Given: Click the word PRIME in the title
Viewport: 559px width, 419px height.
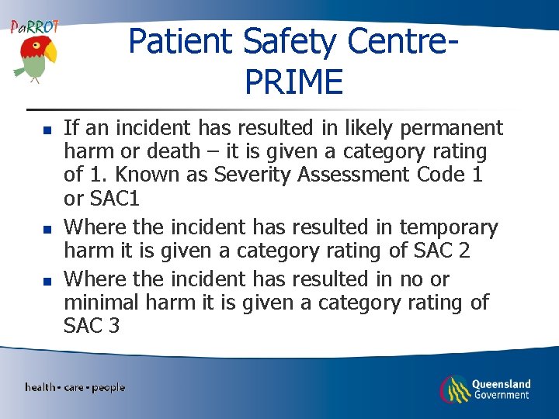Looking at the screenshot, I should coord(293,81).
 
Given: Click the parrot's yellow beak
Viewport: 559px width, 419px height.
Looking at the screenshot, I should coord(50,53).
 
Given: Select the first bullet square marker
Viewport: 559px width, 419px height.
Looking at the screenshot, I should coord(47,129).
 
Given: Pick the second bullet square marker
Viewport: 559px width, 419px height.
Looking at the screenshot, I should coord(47,229).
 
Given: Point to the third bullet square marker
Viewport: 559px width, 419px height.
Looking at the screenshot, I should coord(47,279).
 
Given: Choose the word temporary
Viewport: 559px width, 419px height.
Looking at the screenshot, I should coord(448,228).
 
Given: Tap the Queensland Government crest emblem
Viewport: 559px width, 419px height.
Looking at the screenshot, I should coord(453,389).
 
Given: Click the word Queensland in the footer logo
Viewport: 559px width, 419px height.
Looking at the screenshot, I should coord(502,383).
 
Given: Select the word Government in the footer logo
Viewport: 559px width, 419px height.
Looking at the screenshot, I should coord(502,395).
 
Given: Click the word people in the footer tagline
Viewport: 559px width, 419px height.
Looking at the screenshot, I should coord(108,387).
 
